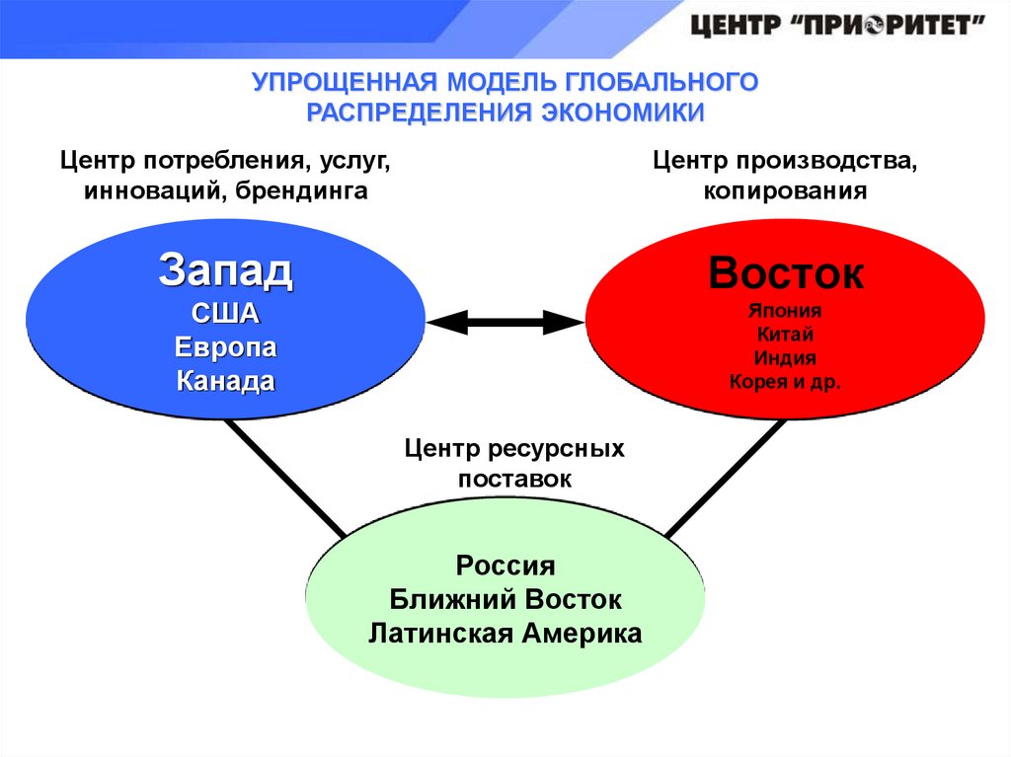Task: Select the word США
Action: coord(225,315)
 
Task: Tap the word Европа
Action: coord(225,348)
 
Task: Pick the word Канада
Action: coord(225,381)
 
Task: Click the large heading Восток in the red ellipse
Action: coord(786,273)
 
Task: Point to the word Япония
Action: coord(786,310)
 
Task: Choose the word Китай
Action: coord(786,334)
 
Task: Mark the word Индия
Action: coord(786,357)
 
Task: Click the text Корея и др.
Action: coord(786,381)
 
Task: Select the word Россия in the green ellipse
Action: coord(505,567)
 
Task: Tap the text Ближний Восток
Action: coord(505,599)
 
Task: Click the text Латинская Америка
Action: coord(505,633)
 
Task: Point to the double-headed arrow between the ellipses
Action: coord(505,320)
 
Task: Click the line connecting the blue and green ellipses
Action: coord(286,480)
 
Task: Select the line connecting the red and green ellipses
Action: coord(727,480)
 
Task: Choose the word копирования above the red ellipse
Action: coord(786,190)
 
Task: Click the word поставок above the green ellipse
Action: coord(514,479)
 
